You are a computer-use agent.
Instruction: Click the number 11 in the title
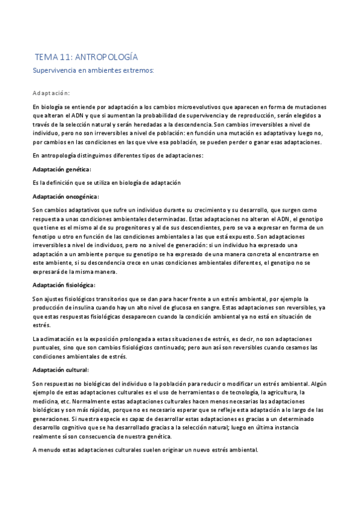(x=67, y=57)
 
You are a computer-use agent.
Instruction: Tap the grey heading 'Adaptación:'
(x=51, y=93)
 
